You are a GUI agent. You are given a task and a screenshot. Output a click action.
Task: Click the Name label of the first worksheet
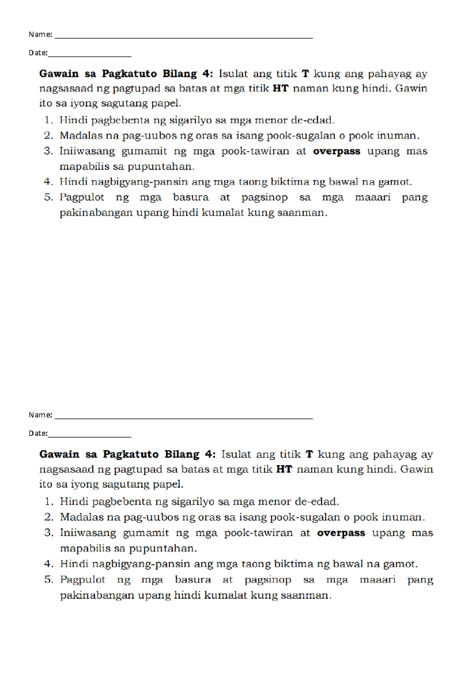pos(40,34)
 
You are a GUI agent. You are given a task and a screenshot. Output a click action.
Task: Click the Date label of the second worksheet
pos(38,433)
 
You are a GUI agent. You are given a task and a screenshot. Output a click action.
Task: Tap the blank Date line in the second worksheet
pos(89,436)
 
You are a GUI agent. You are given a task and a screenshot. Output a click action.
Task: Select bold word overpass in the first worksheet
pos(336,151)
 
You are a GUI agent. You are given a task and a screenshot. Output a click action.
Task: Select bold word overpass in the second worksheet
pos(341,533)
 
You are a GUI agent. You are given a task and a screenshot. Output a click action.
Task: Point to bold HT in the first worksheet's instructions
pos(280,88)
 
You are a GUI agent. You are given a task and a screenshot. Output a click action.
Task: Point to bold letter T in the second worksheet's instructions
pos(309,454)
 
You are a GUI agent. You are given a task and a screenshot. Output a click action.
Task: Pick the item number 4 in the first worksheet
pos(48,182)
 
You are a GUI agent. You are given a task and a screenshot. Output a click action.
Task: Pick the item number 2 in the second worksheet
pos(48,517)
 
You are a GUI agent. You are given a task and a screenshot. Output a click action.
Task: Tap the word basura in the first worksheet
pos(190,197)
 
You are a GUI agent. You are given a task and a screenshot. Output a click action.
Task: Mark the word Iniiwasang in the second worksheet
pos(88,533)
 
